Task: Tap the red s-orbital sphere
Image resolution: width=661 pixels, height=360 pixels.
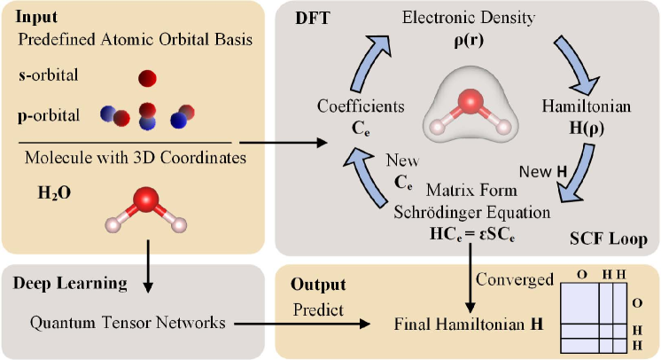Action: tap(146, 79)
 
